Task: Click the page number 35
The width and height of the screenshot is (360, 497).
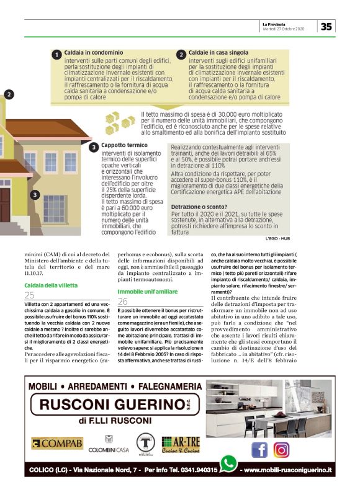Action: [x=326, y=26]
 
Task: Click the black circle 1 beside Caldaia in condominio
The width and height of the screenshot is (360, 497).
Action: [x=56, y=55]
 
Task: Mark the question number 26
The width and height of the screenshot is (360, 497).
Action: [x=123, y=300]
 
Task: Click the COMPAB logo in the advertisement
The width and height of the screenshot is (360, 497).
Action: [x=57, y=443]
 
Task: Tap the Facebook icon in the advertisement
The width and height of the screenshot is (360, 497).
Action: [x=259, y=449]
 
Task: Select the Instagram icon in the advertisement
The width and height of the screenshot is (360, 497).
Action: [x=281, y=449]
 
